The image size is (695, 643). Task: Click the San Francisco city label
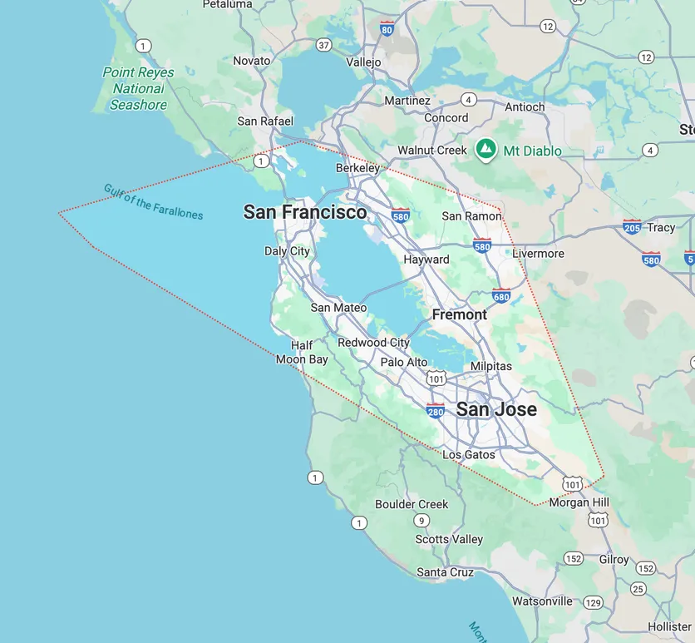click(304, 212)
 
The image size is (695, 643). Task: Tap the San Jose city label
click(496, 409)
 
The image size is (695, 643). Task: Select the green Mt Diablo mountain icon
click(486, 150)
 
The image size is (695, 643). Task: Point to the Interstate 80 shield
click(386, 29)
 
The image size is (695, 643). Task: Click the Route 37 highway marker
click(323, 45)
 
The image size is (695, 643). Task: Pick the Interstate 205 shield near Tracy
click(632, 226)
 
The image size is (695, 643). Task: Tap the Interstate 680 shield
click(501, 295)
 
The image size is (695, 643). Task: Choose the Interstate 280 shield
click(435, 410)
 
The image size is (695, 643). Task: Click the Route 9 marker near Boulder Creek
click(422, 521)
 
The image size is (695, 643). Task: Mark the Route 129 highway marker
click(593, 602)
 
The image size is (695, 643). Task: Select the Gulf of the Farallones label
click(153, 201)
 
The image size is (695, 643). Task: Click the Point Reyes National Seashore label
click(139, 88)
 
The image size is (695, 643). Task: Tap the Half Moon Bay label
click(302, 353)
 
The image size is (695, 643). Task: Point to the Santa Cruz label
click(445, 572)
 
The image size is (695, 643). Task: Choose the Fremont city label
click(460, 314)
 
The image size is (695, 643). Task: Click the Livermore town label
click(538, 254)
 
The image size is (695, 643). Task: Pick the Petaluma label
click(227, 4)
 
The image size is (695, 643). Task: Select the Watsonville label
click(542, 601)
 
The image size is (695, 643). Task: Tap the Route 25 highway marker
click(638, 589)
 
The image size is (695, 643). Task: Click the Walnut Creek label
click(432, 151)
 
